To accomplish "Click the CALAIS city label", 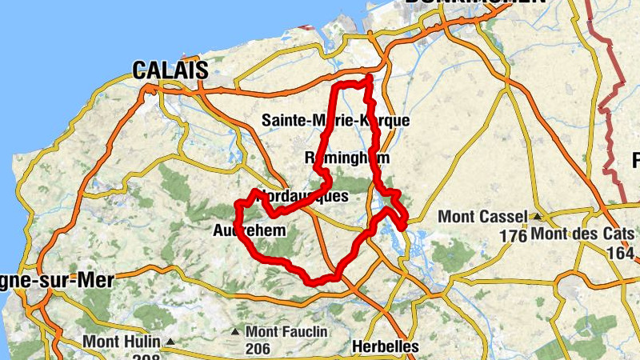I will [x=170, y=70].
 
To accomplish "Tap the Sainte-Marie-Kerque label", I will [x=336, y=121].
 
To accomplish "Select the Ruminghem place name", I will [x=347, y=158].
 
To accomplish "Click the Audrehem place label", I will [x=250, y=232].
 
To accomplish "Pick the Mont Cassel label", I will [x=482, y=217].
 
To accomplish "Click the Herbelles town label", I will [x=385, y=347].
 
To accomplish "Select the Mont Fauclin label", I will [x=283, y=331].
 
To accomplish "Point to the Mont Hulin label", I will [x=121, y=342].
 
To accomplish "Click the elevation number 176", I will [x=512, y=236].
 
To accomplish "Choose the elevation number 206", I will [x=258, y=350].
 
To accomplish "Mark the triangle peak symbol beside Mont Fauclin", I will [x=235, y=331].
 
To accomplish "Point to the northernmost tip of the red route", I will [x=370, y=77].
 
